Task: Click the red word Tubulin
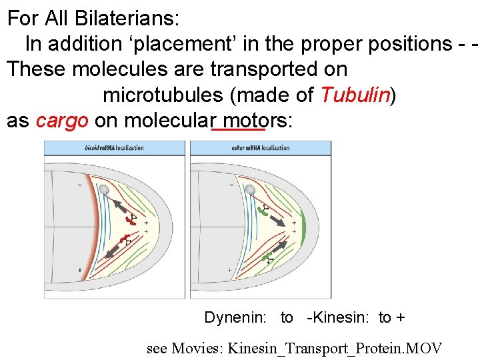tap(354, 95)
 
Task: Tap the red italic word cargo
tap(61, 121)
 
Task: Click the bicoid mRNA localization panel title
tap(114, 147)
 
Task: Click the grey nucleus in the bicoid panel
tap(103, 191)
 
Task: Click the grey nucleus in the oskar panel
tap(250, 191)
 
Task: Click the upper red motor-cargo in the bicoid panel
tap(130, 219)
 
